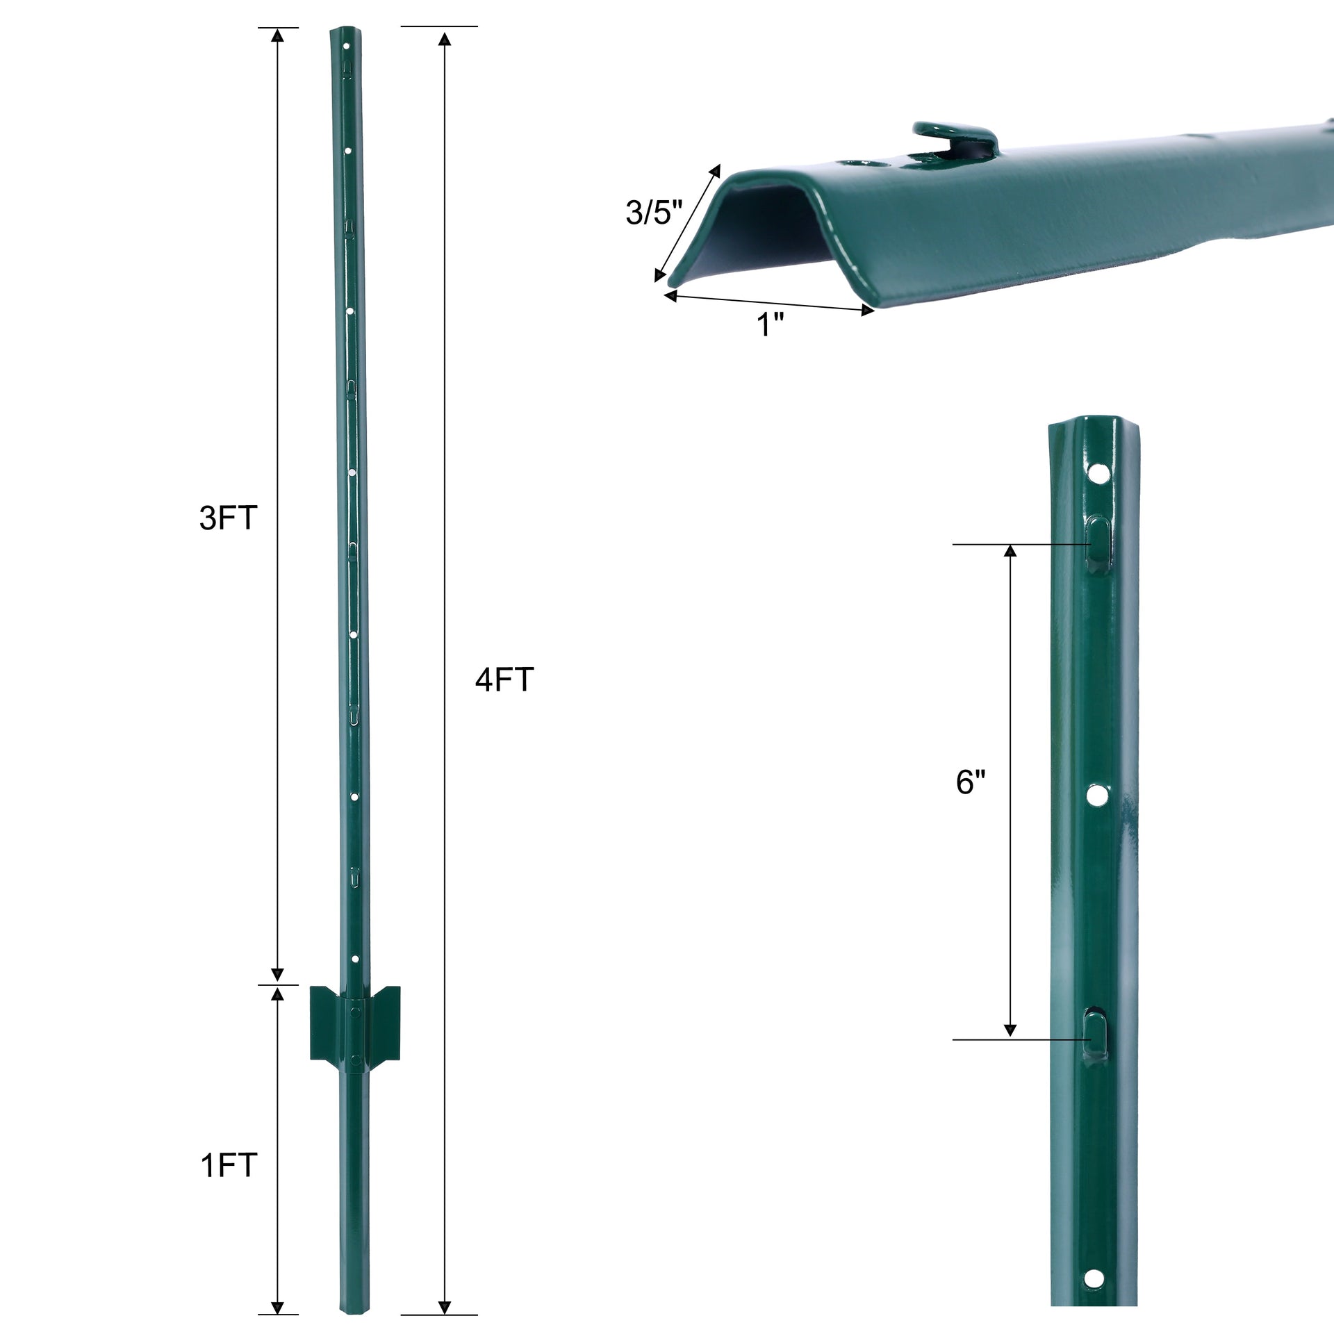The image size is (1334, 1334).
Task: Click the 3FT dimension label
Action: coord(228,518)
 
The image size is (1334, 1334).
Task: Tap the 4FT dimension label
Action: coord(504,680)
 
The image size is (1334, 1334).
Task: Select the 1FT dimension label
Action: coord(229,1165)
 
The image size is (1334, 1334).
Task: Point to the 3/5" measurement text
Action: coord(654,213)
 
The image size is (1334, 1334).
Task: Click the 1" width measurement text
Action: coord(770,325)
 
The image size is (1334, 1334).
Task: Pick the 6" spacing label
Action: coord(971,782)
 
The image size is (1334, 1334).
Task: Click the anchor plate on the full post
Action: coord(355,1022)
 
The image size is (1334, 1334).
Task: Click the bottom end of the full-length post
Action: coord(354,1310)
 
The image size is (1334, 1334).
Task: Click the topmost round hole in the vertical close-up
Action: coord(1098,475)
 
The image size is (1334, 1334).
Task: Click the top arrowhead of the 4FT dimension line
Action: coord(445,38)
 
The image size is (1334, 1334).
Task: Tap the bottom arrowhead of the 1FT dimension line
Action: coord(277,1307)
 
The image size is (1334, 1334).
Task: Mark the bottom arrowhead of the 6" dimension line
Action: coord(1010,1030)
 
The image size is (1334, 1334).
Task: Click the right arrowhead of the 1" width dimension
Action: coord(868,311)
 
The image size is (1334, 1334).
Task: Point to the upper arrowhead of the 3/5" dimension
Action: coord(715,171)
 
